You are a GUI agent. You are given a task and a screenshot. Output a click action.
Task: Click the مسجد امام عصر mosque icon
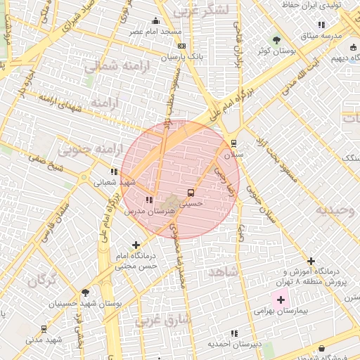(155, 21)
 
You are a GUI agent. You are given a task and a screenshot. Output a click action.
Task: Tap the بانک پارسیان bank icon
(182, 46)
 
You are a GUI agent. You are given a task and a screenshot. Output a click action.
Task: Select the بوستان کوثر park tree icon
(275, 40)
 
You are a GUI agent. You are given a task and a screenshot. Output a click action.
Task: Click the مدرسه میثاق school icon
(321, 25)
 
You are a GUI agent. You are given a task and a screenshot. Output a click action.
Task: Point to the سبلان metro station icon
(233, 143)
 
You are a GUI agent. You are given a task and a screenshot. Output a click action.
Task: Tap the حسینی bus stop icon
(191, 192)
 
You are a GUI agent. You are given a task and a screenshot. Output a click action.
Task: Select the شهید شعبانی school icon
(114, 171)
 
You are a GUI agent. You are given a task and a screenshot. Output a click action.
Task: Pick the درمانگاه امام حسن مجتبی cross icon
(136, 245)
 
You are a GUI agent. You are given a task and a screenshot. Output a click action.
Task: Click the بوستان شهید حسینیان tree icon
(85, 292)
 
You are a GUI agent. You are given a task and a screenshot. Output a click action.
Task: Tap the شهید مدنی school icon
(44, 329)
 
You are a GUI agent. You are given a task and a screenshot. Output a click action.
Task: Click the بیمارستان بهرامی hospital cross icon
(281, 300)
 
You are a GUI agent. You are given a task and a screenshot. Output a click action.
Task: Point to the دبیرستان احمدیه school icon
(234, 333)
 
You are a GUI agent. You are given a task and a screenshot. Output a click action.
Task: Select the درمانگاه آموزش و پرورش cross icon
(311, 262)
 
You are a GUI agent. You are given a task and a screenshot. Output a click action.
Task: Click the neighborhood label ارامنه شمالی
(110, 67)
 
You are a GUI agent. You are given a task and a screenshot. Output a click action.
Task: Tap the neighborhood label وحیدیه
(335, 210)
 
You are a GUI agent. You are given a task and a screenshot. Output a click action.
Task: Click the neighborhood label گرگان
(41, 281)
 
